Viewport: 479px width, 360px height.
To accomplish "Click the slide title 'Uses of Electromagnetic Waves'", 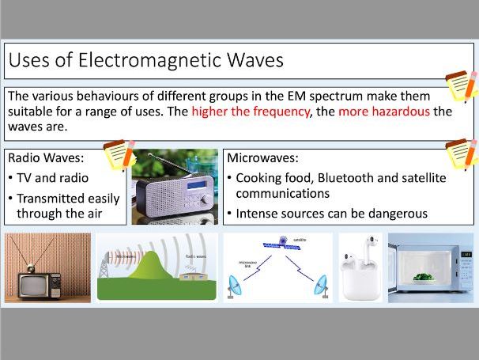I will click(x=144, y=60).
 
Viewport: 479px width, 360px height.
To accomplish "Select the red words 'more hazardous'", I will click(x=384, y=112).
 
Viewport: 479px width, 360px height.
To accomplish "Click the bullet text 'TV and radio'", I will click(x=52, y=178).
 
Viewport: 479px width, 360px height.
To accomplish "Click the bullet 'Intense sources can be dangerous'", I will click(x=332, y=214).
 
